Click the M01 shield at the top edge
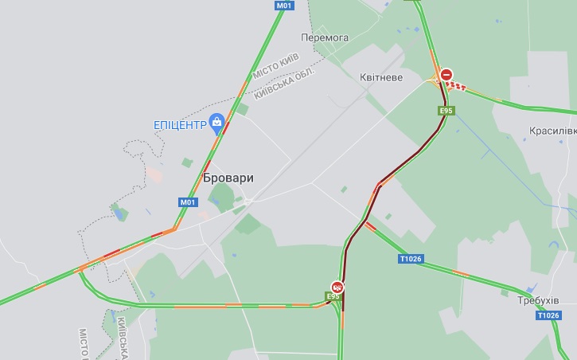tap(284, 6)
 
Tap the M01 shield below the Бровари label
tap(187, 202)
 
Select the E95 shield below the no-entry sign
tap(446, 111)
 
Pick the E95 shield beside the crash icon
tap(333, 296)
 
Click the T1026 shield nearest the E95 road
tap(411, 259)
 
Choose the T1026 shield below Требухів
tap(548, 315)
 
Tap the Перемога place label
tap(325, 37)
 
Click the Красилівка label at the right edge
tap(552, 130)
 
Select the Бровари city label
tap(228, 178)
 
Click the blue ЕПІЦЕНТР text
tap(179, 124)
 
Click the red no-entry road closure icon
tap(446, 74)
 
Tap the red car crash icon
tap(337, 287)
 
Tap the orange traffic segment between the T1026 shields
tap(460, 273)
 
